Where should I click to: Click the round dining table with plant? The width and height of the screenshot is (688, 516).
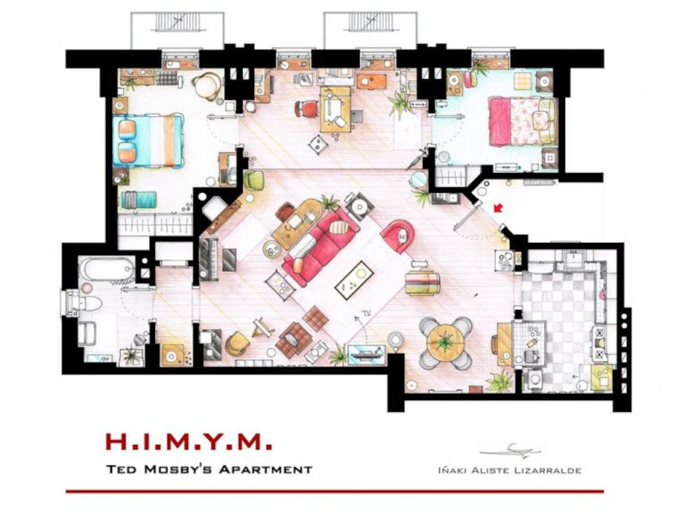pos(445,343)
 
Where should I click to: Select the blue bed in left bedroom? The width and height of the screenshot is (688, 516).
pos(148,140)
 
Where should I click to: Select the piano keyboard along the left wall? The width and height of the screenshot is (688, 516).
pos(208,257)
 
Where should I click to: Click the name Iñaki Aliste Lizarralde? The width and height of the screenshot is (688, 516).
pos(508,471)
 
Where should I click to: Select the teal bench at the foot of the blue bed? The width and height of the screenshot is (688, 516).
pos(138,200)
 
